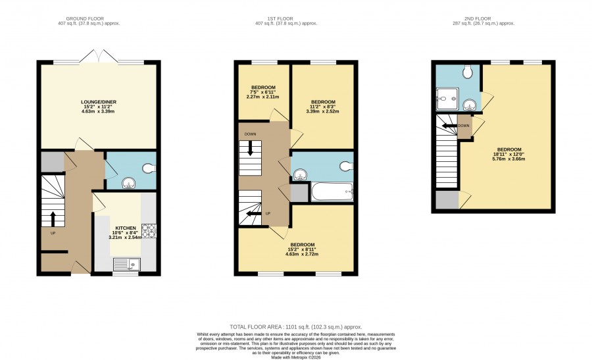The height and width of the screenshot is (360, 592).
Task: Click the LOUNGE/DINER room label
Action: click(x=99, y=102)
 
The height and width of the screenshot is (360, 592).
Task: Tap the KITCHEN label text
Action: click(x=126, y=228)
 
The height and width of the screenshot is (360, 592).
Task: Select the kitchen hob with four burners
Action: click(x=149, y=231)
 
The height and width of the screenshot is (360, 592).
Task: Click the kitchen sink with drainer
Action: click(x=126, y=265)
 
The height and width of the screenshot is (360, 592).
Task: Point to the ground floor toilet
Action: click(x=150, y=168)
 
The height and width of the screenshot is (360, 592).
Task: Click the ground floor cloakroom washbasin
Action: click(x=128, y=184)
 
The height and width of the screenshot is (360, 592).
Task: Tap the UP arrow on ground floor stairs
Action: click(x=53, y=219)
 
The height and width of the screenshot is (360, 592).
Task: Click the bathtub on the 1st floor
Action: click(x=332, y=192)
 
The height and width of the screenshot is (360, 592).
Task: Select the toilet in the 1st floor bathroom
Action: click(x=346, y=166)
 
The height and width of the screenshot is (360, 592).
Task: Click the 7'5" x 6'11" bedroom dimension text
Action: click(x=262, y=92)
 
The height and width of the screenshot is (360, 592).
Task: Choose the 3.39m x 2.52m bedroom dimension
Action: click(x=322, y=111)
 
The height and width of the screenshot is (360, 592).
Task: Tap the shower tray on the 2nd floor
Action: click(x=448, y=99)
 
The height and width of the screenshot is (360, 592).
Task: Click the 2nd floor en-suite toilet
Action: click(x=468, y=70)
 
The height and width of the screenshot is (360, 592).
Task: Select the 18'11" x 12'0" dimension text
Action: click(x=508, y=154)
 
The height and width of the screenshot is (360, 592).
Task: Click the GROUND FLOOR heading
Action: click(x=85, y=18)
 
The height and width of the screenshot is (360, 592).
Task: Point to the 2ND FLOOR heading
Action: click(x=478, y=18)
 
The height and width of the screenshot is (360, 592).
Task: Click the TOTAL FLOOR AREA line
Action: click(x=296, y=327)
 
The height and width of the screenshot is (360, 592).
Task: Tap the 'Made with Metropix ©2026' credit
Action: click(x=296, y=357)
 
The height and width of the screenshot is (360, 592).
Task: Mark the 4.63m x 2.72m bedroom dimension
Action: click(x=302, y=254)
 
